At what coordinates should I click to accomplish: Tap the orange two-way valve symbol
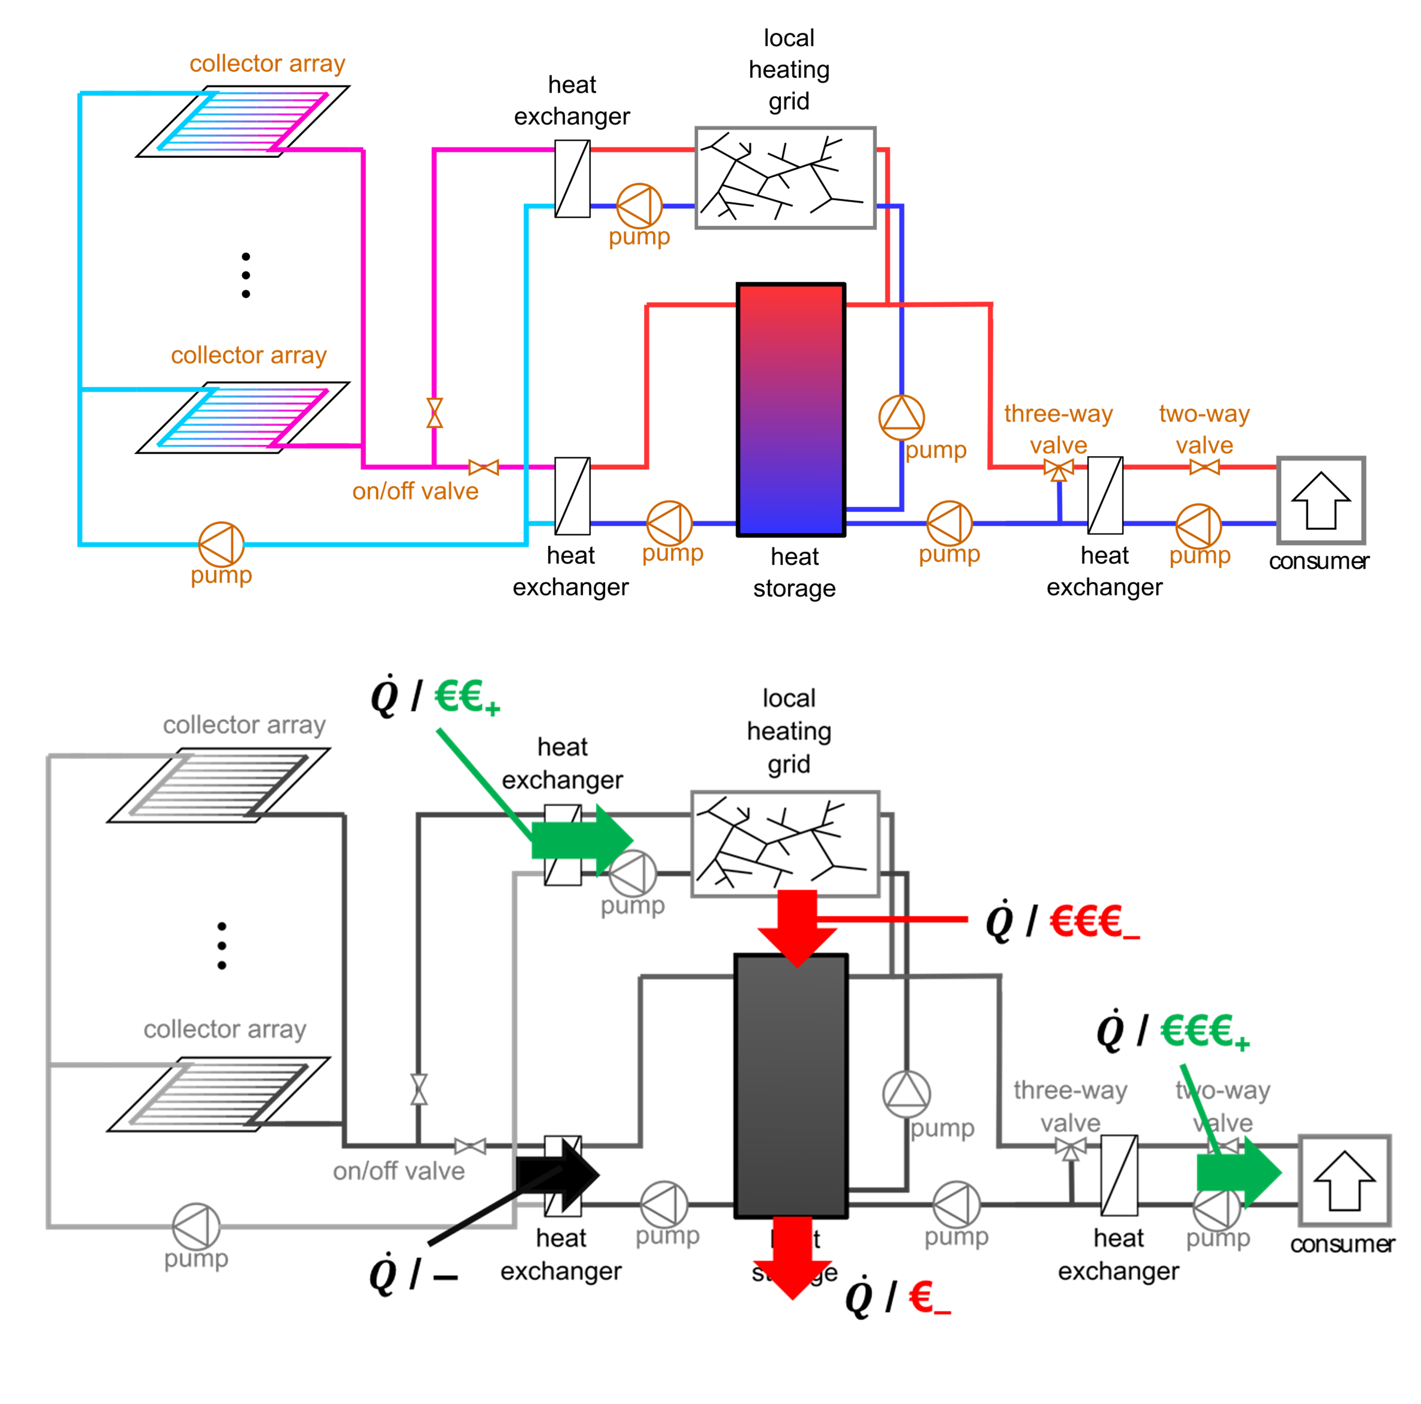coord(1204,467)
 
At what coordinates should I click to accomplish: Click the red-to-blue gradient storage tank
coord(790,410)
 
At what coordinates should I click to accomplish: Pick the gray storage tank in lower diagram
coord(790,1086)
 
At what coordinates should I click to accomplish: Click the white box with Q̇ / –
coord(417,1272)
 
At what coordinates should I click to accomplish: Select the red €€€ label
coord(1093,922)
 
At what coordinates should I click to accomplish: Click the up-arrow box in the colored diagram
coord(1321,500)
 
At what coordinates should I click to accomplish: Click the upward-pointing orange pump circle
coord(902,417)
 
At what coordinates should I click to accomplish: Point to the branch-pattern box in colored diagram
coord(786,178)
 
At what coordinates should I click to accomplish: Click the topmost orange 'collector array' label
coord(267,64)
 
